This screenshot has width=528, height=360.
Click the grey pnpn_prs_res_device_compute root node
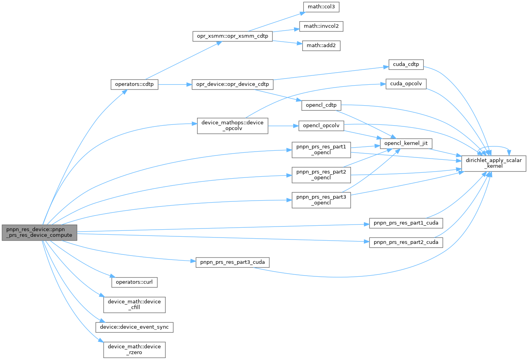39,232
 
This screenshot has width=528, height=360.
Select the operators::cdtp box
134,84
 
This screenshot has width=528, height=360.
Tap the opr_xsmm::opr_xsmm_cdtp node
232,36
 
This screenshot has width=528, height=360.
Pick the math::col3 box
321,7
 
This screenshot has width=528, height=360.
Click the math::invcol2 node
321,26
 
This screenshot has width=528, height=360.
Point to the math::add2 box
321,46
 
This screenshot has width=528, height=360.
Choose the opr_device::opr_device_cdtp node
232,84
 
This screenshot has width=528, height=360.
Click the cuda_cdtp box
406,64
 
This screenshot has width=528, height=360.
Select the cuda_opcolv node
406,84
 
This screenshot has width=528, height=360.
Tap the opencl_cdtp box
321,105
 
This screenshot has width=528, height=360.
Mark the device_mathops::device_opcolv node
232,126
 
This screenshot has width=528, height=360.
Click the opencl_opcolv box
321,126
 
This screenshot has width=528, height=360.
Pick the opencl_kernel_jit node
406,144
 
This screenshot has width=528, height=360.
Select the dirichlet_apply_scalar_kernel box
493,163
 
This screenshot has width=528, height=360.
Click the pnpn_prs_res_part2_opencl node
321,175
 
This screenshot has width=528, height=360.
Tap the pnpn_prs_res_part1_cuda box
406,223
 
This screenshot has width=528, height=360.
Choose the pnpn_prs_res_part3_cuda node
232,262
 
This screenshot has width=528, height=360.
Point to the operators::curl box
134,282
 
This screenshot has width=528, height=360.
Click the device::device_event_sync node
134,327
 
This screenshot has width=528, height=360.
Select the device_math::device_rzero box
134,349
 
